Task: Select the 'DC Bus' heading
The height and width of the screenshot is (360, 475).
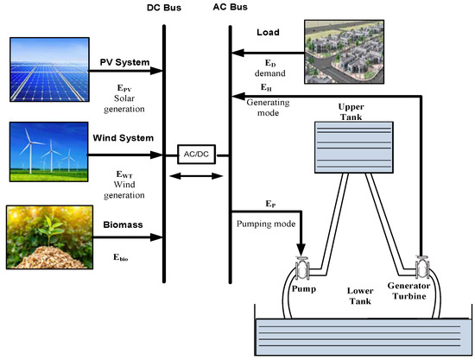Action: [x=163, y=9]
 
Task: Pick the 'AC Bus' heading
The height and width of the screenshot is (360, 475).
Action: [x=230, y=9]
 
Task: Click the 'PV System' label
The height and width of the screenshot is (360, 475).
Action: [x=123, y=62]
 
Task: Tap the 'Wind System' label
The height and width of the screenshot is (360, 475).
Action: [x=124, y=137]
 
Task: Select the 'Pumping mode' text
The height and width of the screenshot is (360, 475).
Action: [x=263, y=222]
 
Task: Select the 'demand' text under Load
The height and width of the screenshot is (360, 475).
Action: [x=277, y=75]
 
